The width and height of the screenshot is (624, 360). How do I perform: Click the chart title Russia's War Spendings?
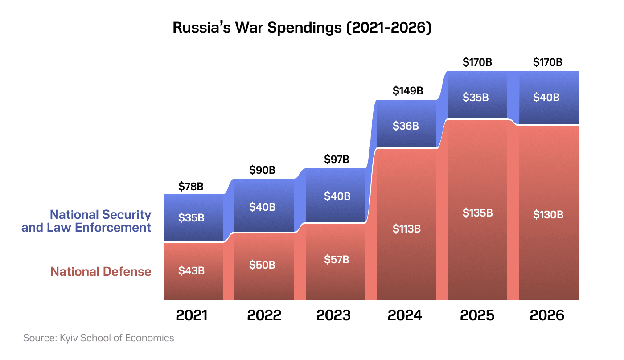click(302, 28)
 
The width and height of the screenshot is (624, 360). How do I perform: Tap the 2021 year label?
click(192, 315)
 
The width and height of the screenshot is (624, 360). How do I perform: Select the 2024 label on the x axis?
click(405, 315)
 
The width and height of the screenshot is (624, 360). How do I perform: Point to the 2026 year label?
click(547, 315)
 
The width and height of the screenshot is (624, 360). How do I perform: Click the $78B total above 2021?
click(191, 187)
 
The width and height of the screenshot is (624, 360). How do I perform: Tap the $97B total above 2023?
click(337, 159)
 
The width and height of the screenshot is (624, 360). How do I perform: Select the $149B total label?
click(407, 91)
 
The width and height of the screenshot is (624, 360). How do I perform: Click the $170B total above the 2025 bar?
click(477, 62)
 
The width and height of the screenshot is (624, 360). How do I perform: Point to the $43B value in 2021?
click(191, 270)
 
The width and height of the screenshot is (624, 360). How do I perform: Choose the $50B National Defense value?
click(262, 265)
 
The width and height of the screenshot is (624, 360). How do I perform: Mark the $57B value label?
click(337, 259)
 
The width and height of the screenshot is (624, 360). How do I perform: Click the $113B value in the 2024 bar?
click(406, 229)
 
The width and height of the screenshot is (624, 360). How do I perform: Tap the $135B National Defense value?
click(477, 213)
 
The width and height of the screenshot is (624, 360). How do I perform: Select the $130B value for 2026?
click(548, 214)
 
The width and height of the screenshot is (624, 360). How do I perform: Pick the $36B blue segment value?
click(406, 126)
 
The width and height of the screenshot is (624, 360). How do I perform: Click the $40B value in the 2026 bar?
click(546, 97)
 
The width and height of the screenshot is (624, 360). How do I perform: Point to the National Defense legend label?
click(101, 271)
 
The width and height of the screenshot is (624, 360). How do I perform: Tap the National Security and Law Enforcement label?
click(86, 221)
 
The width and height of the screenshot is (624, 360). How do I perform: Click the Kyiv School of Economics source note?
click(99, 338)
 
